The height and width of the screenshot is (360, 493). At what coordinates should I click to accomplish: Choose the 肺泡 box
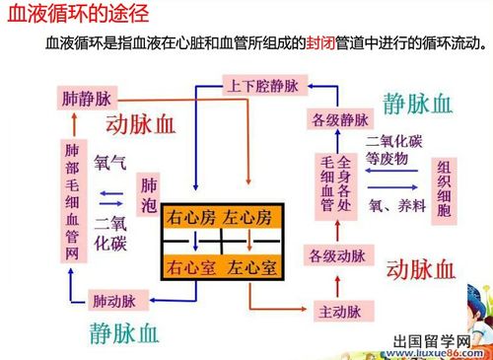[149, 194]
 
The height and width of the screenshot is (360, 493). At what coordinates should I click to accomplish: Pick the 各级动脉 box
[335, 256]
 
